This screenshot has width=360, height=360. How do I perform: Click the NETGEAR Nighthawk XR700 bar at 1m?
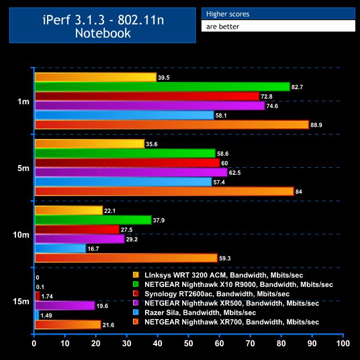(x=172, y=125)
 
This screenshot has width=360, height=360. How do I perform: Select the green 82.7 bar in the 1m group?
(x=162, y=86)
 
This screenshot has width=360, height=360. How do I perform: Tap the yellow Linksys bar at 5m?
(x=89, y=144)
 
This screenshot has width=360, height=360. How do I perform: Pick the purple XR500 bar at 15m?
(x=65, y=305)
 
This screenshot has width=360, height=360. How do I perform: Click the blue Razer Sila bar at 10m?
(x=60, y=249)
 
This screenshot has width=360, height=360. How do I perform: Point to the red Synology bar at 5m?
(x=127, y=163)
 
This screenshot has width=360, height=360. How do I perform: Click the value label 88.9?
(x=317, y=125)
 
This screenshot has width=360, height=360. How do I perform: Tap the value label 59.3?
(x=225, y=258)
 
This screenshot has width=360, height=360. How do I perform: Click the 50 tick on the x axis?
(x=189, y=344)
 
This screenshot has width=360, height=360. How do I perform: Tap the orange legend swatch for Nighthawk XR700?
(x=136, y=322)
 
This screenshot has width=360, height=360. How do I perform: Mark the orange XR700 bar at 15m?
(x=68, y=324)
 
